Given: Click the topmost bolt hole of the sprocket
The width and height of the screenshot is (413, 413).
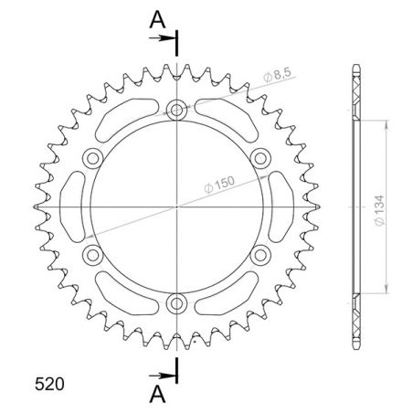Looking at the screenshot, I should point(176,111).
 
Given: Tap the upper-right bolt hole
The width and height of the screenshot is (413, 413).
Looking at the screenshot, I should point(259,158).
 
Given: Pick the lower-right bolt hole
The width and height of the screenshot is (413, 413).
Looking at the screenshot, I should point(259,253).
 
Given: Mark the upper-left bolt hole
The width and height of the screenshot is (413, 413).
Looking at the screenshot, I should point(93,158).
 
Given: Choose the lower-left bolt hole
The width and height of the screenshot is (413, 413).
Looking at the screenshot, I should point(93,253).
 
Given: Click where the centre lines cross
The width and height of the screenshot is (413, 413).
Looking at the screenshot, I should point(176,206).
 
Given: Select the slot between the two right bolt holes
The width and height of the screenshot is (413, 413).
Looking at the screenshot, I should point(281,206).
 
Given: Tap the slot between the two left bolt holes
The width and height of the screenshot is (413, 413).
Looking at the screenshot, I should point(71,206).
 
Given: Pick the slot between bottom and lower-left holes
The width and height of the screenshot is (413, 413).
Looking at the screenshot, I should point(125,295).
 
